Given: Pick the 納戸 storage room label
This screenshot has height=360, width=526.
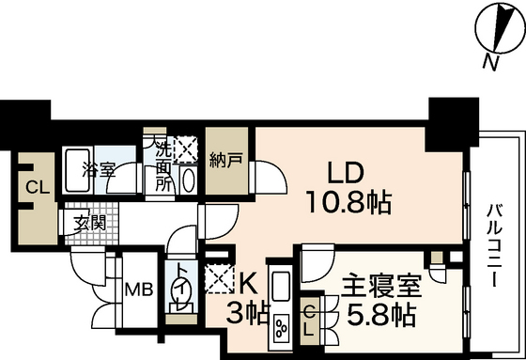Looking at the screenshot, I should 224,159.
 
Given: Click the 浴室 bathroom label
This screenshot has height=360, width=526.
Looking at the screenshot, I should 98,170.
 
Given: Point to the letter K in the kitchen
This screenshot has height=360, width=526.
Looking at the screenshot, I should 247,280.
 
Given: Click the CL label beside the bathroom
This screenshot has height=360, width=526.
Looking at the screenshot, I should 36,186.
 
